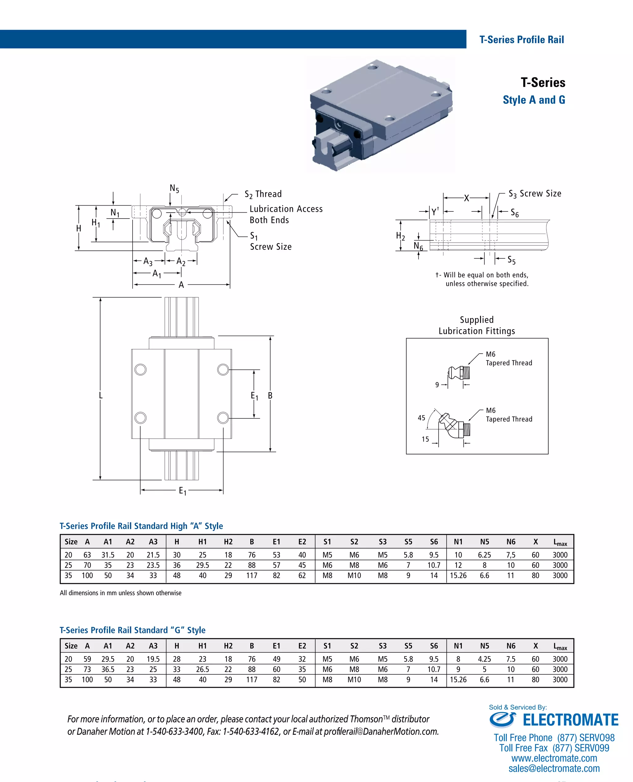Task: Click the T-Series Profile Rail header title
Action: coord(521,40)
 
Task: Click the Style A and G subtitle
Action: coord(534,100)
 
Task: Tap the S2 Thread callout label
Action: coord(263,194)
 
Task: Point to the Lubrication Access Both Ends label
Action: coord(286,215)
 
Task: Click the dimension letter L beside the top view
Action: coord(101,396)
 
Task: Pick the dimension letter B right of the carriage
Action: coord(270,396)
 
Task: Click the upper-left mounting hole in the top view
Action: coord(140,370)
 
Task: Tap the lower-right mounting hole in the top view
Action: coord(223,418)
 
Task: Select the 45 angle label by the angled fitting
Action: coord(422,418)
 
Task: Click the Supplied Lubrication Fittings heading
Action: coord(477,325)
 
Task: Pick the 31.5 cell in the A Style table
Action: coord(108,555)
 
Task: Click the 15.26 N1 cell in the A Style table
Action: coord(458,575)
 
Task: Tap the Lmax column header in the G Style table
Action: coord(560,646)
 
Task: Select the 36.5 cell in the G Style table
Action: coord(108,669)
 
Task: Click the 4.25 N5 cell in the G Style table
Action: coord(484,659)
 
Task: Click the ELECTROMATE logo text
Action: coord(570,720)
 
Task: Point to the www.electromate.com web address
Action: coord(554,758)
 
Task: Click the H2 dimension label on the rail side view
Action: coord(400,236)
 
